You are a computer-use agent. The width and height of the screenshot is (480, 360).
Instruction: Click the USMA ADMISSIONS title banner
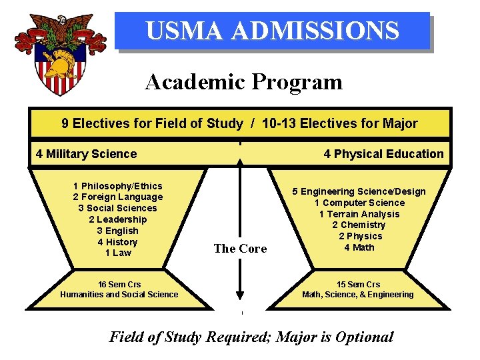[x=272, y=31]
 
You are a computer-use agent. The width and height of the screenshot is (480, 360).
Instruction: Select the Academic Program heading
[x=243, y=82]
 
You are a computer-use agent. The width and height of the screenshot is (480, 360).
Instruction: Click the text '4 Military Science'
[x=86, y=154]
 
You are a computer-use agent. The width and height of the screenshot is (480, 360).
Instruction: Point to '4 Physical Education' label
[x=383, y=154]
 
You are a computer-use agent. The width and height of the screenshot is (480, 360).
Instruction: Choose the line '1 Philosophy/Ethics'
[x=118, y=186]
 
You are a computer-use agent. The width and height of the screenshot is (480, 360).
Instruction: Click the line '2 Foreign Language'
[x=118, y=197]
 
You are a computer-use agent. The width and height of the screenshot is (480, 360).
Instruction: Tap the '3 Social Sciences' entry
[x=118, y=208]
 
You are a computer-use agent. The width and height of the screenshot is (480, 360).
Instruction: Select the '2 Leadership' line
[x=118, y=219]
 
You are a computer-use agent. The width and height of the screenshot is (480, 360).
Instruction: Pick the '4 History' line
[x=118, y=242]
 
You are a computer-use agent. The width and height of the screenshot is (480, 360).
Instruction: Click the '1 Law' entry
[x=118, y=253]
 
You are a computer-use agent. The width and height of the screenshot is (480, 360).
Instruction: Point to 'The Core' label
[x=240, y=249]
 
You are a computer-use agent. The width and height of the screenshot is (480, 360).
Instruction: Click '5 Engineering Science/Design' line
[x=359, y=191]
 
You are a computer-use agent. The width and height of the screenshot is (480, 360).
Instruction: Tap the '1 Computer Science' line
[x=359, y=203]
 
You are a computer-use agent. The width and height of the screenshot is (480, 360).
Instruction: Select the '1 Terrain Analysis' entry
[x=359, y=214]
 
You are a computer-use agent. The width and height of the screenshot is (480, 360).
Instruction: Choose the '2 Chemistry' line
[x=359, y=225]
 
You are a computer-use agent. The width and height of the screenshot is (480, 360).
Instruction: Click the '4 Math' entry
[x=359, y=247]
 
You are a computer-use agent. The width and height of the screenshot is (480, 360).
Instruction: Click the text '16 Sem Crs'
[x=119, y=285]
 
